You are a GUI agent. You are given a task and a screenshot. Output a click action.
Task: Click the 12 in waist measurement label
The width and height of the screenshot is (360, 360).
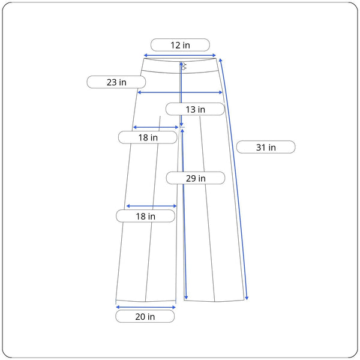[180, 45]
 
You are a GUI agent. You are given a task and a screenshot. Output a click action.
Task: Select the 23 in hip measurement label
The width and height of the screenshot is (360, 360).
[116, 82]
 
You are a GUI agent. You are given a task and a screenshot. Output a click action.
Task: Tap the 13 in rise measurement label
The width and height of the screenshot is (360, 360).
[195, 109]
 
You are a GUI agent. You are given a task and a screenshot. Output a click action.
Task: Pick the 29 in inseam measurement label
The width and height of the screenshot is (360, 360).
[196, 178]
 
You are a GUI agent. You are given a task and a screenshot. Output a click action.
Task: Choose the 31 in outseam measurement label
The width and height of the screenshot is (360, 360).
[266, 147]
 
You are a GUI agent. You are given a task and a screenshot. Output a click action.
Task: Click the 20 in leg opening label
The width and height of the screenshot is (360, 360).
[145, 316]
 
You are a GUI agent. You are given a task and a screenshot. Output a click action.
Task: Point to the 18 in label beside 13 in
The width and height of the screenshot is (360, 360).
[148, 137]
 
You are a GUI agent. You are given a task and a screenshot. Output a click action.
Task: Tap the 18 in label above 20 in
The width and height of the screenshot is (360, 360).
[146, 216]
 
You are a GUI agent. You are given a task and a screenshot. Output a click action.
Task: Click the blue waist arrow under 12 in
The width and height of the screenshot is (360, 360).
[180, 55]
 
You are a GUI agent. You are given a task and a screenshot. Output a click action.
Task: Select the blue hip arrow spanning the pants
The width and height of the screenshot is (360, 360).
[180, 92]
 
